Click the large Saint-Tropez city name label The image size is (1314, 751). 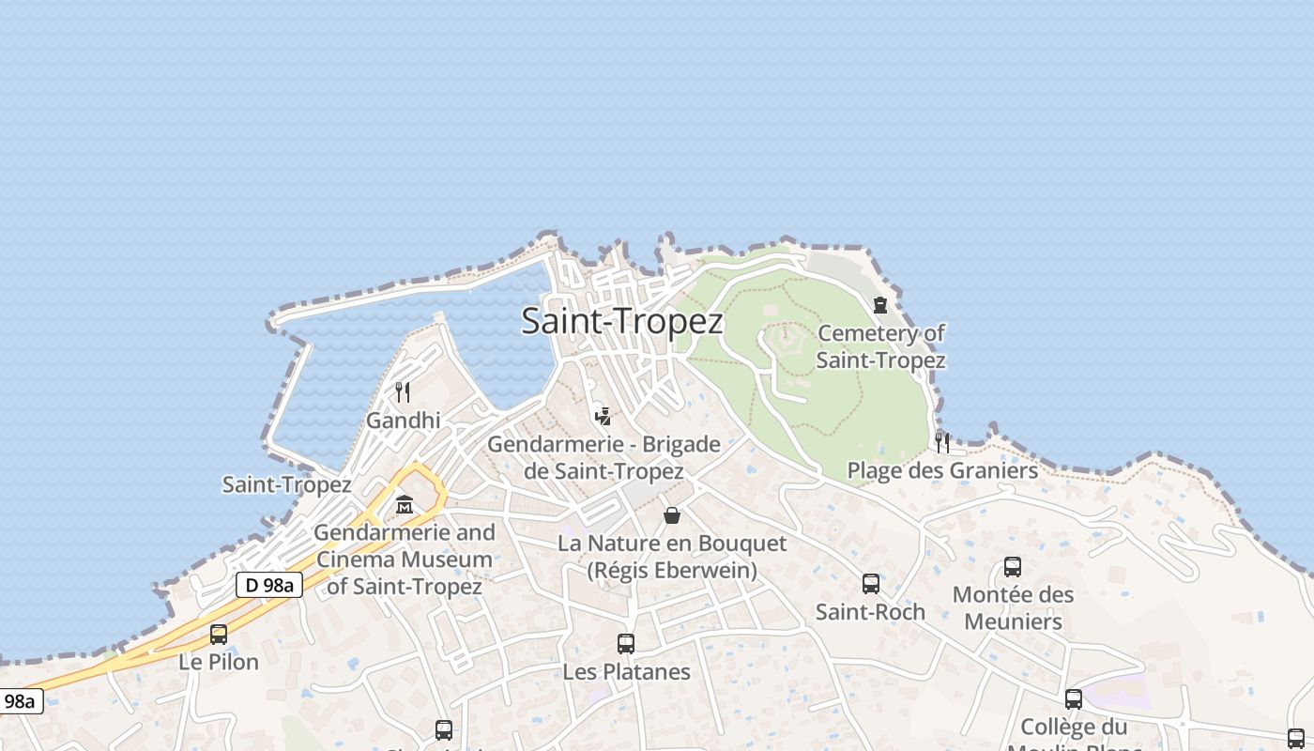622,321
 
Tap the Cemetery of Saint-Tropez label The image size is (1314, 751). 880,346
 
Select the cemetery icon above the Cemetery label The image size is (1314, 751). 880,305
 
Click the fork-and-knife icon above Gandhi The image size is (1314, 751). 403,391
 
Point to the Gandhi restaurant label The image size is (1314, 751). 403,420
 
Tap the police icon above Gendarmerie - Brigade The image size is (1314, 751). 604,415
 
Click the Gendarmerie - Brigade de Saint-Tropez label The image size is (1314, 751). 604,457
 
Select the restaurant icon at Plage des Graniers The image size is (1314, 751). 942,442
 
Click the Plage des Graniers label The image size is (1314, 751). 942,470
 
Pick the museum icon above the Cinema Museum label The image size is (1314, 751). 405,505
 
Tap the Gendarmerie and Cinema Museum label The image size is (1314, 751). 405,559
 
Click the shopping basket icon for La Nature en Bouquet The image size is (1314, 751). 672,515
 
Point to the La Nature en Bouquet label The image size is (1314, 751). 672,556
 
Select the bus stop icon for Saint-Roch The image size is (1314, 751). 871,584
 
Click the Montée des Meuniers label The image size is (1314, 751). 1013,607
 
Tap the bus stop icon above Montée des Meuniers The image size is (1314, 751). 1013,567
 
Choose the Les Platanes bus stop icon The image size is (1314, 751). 626,644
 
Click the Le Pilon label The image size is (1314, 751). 219,662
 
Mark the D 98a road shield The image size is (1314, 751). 268,586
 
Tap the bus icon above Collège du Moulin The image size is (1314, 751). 1074,699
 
